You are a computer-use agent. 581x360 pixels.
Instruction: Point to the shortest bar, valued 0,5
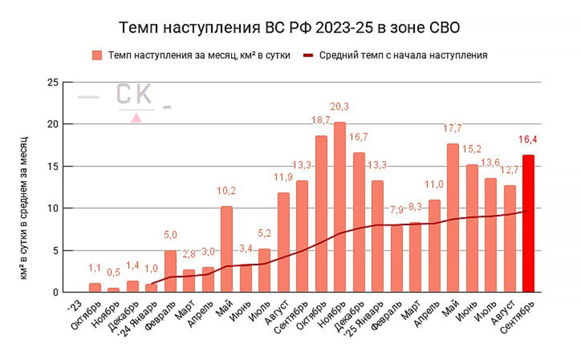coord(113,290)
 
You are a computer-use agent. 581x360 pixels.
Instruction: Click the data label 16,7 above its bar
coord(358,137)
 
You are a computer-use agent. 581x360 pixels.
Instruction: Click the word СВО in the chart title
coord(442,29)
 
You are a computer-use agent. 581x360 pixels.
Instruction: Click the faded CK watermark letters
coord(134,95)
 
